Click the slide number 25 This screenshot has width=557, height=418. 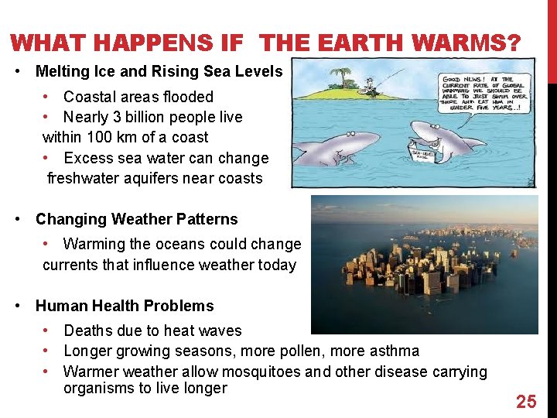pos(526,401)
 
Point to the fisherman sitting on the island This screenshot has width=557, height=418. pos(371,86)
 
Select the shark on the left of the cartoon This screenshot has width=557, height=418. pos(340,146)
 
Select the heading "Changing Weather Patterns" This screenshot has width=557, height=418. pos(137,219)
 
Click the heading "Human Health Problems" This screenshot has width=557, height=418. pos(125,306)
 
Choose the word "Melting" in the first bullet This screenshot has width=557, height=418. pos(64,71)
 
